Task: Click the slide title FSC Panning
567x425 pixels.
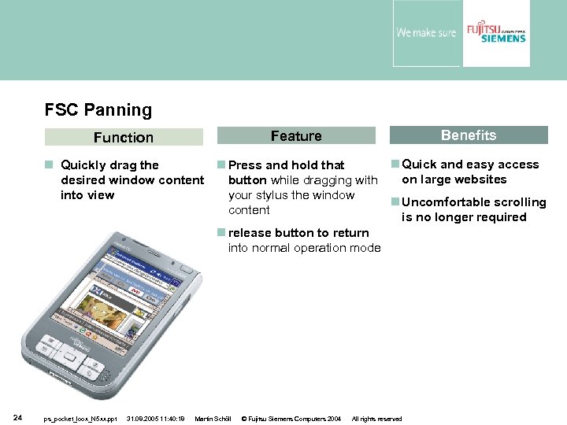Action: [98, 110]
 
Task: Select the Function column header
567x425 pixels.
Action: [124, 137]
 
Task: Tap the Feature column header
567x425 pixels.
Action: [296, 136]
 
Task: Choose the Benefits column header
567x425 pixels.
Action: [468, 135]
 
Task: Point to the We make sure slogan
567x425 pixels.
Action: [426, 33]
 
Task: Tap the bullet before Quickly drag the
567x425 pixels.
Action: [49, 165]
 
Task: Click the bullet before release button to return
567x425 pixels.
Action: [221, 233]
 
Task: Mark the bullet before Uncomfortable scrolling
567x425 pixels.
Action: [396, 202]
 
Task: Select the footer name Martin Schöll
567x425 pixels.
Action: [212, 419]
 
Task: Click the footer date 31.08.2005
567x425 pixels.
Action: [142, 419]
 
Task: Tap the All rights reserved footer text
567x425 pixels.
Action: [376, 419]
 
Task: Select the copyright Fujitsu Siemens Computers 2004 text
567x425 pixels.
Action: [291, 419]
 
